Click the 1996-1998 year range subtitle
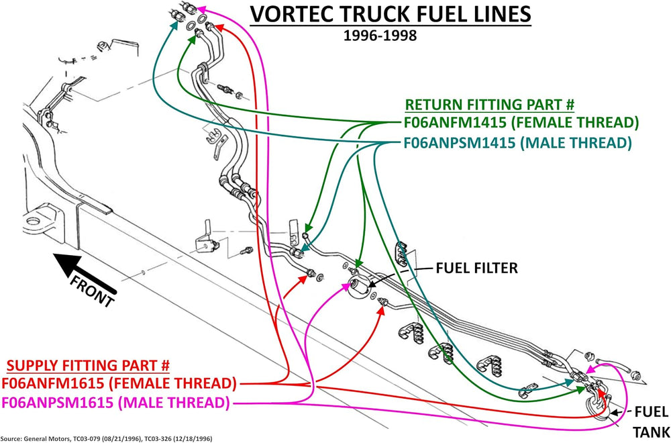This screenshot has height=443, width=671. click(x=380, y=35)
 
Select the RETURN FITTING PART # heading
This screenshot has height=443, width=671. click(x=490, y=105)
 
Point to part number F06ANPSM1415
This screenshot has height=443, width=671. click(x=459, y=142)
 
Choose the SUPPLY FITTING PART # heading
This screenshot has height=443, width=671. click(x=88, y=365)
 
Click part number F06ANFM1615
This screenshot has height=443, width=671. click(x=54, y=383)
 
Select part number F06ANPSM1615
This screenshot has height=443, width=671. click(x=58, y=403)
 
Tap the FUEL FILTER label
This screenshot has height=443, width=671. click(x=476, y=268)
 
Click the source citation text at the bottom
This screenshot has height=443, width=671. click(x=106, y=438)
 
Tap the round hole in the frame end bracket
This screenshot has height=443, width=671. click(x=33, y=222)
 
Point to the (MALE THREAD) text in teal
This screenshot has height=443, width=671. click(x=576, y=142)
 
